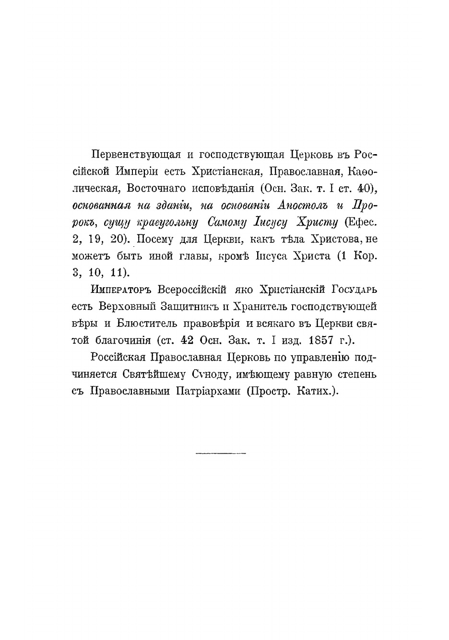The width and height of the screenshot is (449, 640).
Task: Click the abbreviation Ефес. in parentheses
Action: [x=360, y=222]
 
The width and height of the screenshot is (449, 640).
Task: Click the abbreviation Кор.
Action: [x=366, y=255]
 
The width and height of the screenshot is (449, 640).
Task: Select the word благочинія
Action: [x=121, y=340]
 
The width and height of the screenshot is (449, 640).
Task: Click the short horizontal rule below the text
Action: [x=221, y=453]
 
